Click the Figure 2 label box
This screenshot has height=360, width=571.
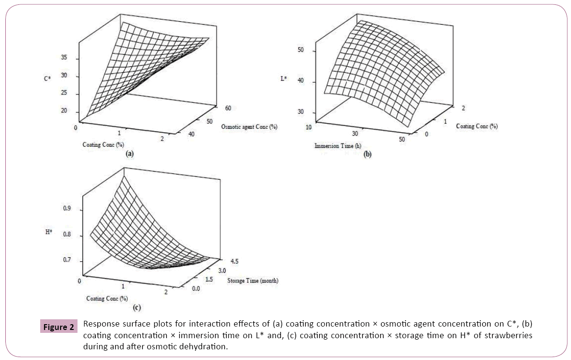(x=58, y=327)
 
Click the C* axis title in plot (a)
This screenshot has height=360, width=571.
(x=47, y=77)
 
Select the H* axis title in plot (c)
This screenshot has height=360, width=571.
(x=49, y=233)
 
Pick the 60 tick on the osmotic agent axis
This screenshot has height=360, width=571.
(x=216, y=108)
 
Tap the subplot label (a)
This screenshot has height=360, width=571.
(x=129, y=153)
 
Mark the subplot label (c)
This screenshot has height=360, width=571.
(x=136, y=307)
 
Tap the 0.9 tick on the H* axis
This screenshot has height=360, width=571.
(x=66, y=209)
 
